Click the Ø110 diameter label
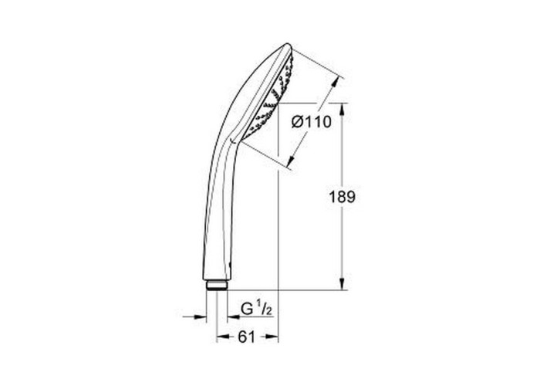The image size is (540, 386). [x=312, y=122]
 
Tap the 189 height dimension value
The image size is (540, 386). [x=342, y=197]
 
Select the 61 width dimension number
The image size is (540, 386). [x=247, y=337]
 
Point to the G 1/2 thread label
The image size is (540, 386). [x=257, y=309]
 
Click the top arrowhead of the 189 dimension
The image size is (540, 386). [x=342, y=110]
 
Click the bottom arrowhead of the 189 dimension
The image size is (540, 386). [x=342, y=283]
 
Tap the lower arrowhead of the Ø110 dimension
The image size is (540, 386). [x=292, y=160]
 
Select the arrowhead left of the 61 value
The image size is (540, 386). [x=223, y=337]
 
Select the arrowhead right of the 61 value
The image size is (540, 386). [x=272, y=337]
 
